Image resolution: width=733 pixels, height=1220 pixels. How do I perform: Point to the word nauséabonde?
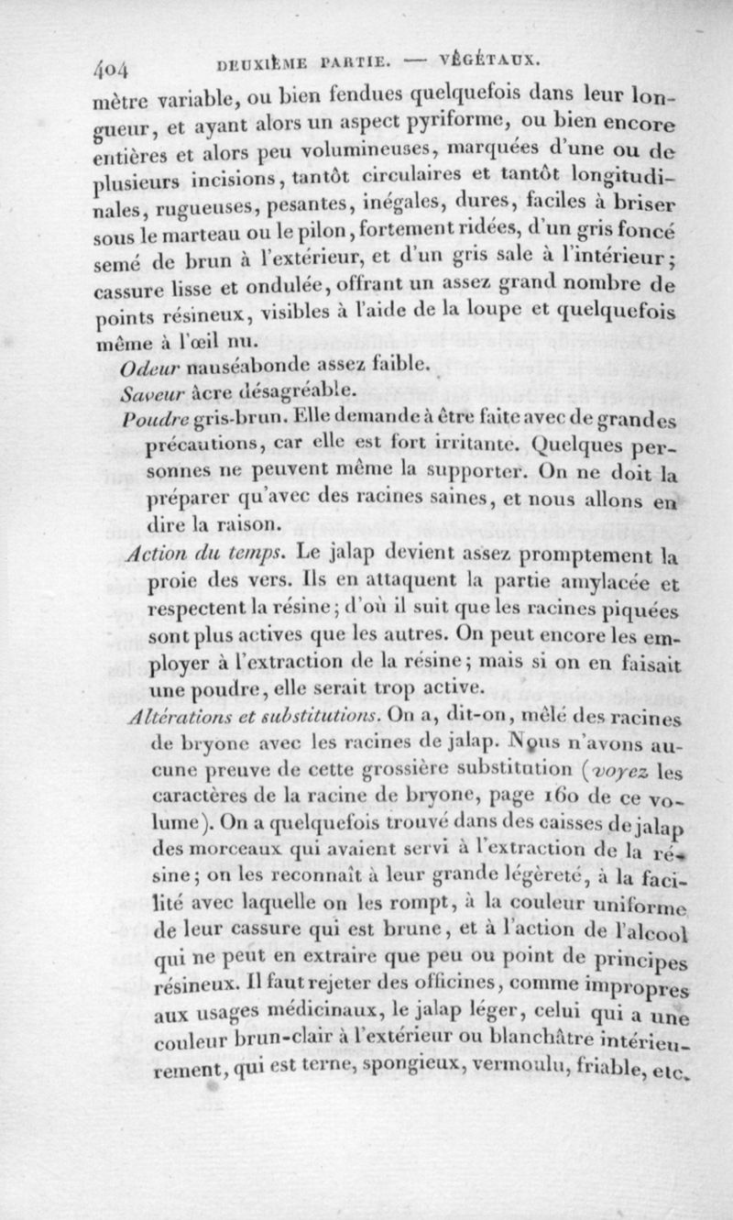[x=234, y=368]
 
